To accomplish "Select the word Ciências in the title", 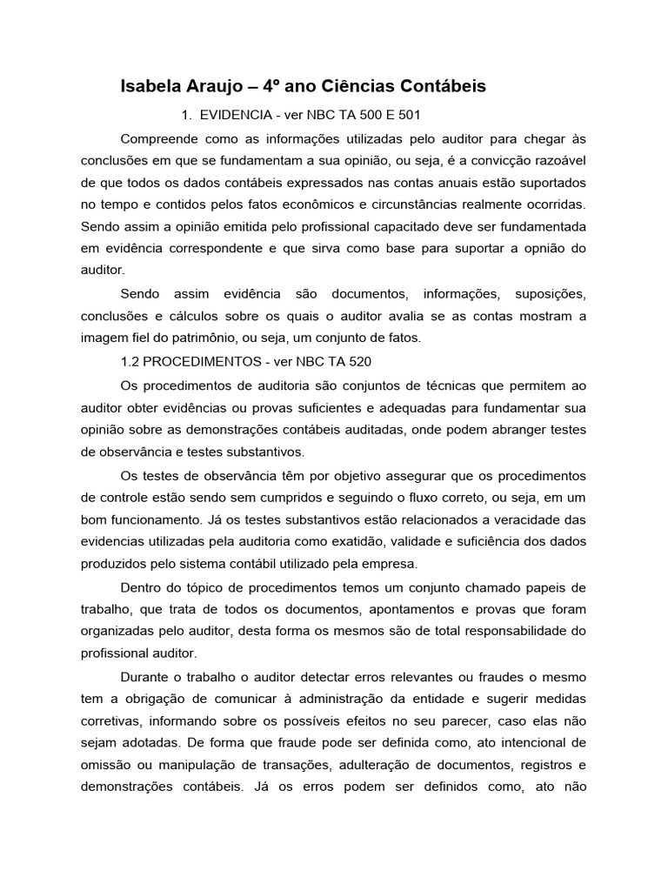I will pyautogui.click(x=359, y=86).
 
